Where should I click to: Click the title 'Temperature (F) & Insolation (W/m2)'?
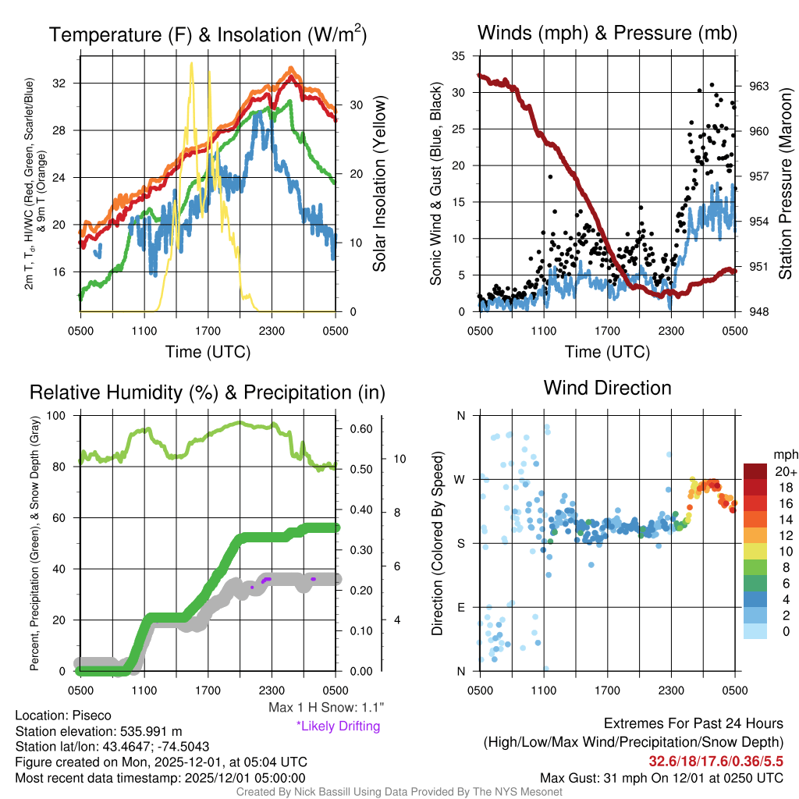[x=208, y=34]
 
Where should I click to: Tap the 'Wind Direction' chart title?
[x=607, y=388]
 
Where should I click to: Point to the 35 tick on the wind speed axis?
[x=459, y=56]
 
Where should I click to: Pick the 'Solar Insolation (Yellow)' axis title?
[x=380, y=184]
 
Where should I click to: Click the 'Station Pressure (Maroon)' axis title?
[x=786, y=184]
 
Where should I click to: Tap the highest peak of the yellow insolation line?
[x=191, y=64]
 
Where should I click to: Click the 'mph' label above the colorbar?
[x=784, y=454]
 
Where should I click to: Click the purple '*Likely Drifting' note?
[x=338, y=726]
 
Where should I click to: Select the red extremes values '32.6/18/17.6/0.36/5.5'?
[x=716, y=761]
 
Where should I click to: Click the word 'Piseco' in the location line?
[x=92, y=716]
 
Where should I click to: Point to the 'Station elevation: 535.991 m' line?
[x=99, y=731]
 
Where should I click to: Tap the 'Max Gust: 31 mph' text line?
[x=662, y=778]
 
